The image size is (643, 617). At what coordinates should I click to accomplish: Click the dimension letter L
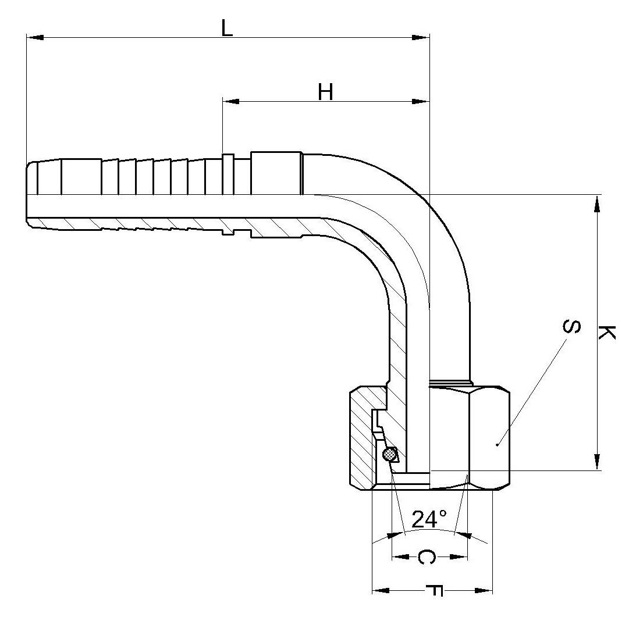click(227, 28)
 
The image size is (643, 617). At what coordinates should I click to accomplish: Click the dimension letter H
click(326, 92)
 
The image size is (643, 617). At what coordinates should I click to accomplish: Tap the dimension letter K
click(606, 332)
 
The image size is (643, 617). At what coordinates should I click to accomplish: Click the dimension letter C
click(427, 557)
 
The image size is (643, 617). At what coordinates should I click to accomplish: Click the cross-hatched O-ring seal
click(389, 454)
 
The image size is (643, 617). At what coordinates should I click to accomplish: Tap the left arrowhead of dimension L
click(35, 38)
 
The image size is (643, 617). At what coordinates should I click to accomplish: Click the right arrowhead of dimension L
click(421, 38)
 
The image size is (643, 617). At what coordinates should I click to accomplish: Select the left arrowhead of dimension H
click(231, 101)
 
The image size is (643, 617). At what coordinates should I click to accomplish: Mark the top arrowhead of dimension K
click(597, 204)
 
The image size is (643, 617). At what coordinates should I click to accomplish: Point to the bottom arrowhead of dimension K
click(597, 461)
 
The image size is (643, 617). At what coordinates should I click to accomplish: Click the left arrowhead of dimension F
click(381, 590)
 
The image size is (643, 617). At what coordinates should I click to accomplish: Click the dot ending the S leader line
click(497, 444)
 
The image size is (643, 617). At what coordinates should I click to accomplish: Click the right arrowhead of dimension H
click(421, 101)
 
